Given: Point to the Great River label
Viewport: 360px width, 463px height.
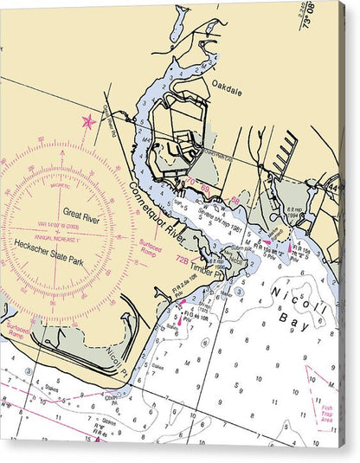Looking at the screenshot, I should (80, 214).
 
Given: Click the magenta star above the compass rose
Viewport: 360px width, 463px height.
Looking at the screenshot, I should (87, 121).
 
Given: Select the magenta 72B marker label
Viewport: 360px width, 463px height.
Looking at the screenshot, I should (182, 258).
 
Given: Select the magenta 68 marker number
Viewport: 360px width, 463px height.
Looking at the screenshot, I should (206, 189).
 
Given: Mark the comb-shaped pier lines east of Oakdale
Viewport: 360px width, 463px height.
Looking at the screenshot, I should (285, 153).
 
